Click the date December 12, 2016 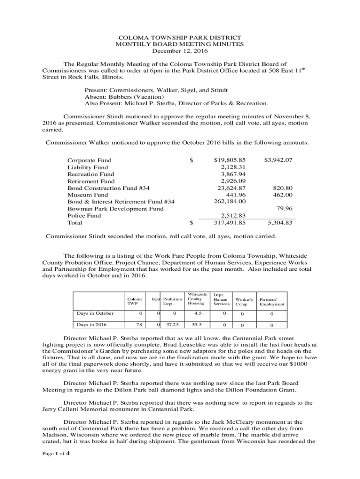click(180, 51)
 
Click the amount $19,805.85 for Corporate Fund click(230, 160)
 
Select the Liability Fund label click(87, 167)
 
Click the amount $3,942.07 click(278, 160)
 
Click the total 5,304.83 click(280, 223)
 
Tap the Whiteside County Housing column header click(196, 298)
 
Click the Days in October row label click(95, 313)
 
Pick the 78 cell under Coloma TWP click(139, 325)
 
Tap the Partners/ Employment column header click(272, 301)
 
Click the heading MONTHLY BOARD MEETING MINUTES click(180, 44)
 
